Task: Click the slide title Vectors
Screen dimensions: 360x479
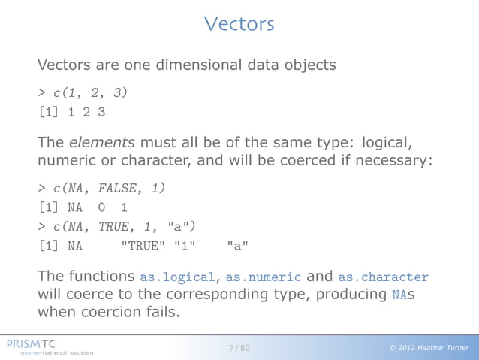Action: click(239, 24)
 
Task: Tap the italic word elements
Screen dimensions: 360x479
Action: click(94, 142)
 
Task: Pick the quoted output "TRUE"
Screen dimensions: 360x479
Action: click(143, 246)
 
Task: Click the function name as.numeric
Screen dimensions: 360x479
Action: click(264, 277)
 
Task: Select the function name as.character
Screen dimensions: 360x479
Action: click(384, 277)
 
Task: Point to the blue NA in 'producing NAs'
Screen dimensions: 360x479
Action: click(399, 295)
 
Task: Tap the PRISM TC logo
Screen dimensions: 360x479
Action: click(36, 343)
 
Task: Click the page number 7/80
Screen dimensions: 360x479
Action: click(239, 347)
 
